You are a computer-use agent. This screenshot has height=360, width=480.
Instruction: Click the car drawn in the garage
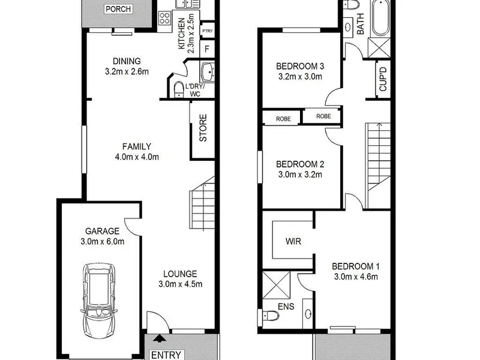click(x=99, y=301)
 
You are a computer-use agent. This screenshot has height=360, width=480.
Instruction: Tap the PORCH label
click(x=118, y=9)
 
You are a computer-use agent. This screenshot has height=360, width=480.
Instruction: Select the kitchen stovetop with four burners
click(x=164, y=18)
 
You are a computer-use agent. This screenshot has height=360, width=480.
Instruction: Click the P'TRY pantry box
click(x=207, y=31)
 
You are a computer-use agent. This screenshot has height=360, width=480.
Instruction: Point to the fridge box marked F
click(x=207, y=49)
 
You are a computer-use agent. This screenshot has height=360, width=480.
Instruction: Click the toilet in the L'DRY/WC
click(x=178, y=89)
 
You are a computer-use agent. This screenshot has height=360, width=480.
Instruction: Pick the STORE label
click(x=203, y=128)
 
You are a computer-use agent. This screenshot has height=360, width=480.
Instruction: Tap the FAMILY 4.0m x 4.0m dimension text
click(x=137, y=157)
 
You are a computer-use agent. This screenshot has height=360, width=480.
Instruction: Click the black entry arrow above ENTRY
click(x=159, y=338)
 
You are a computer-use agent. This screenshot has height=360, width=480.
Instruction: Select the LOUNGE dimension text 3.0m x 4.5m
click(x=181, y=284)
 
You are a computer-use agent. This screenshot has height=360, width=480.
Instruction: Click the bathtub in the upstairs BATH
click(x=380, y=18)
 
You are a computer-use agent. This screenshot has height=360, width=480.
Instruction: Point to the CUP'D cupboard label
click(x=383, y=79)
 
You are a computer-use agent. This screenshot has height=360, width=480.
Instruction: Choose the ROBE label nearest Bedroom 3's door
click(x=323, y=116)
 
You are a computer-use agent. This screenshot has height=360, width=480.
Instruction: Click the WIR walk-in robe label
click(x=293, y=241)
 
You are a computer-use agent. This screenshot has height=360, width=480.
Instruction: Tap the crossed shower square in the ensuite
click(x=277, y=285)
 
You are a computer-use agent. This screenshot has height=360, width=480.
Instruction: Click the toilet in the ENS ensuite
click(x=269, y=316)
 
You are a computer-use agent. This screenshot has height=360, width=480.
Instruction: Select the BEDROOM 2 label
click(x=300, y=164)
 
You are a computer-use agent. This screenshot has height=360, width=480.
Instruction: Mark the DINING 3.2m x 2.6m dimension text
click(x=127, y=71)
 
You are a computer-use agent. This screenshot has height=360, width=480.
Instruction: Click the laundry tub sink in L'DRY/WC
click(x=208, y=72)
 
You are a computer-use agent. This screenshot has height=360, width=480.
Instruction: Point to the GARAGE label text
click(x=102, y=231)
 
